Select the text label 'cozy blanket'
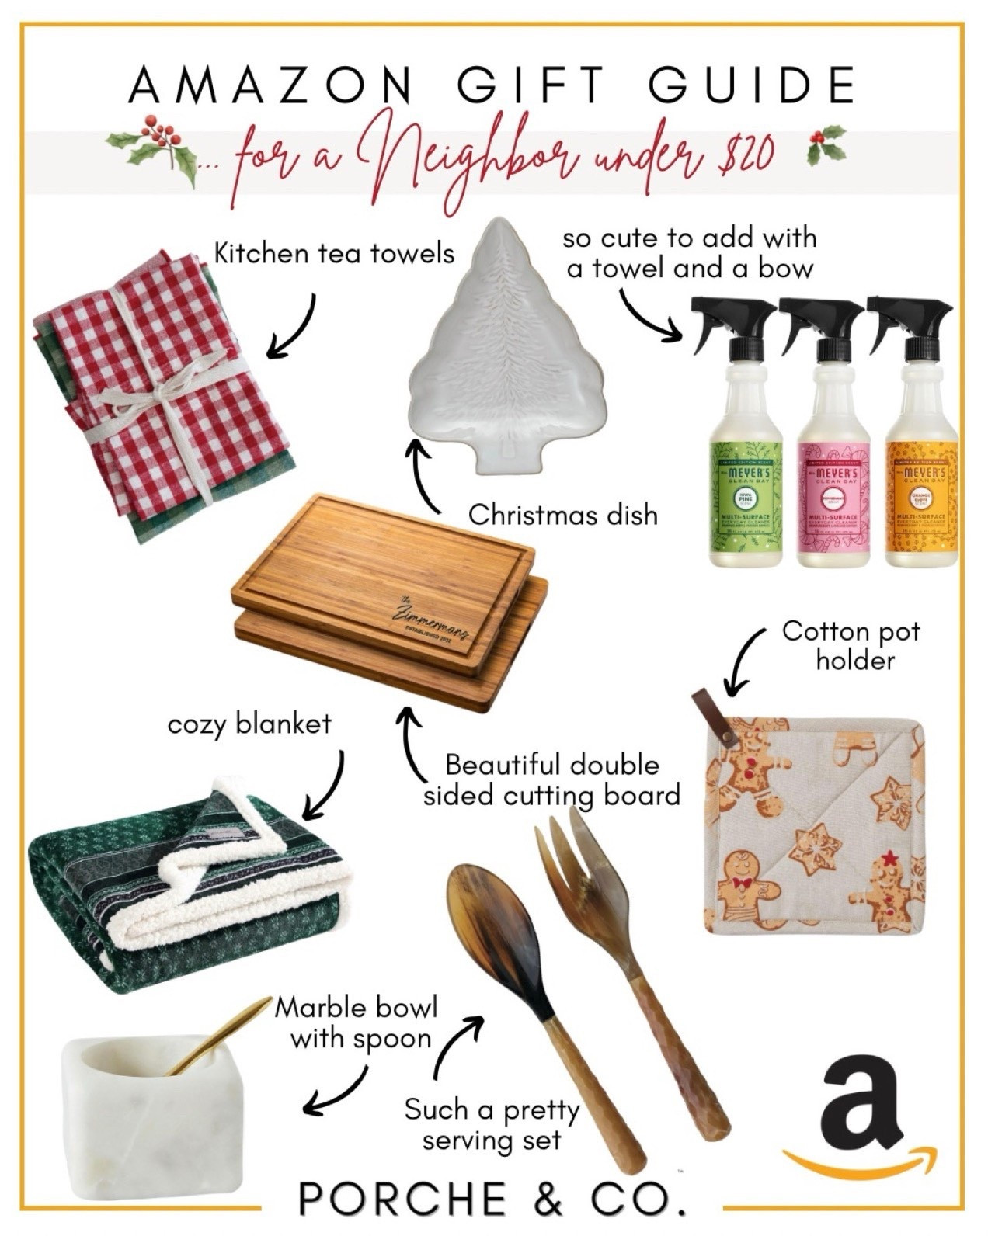249,724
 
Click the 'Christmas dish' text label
563,514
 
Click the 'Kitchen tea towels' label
334,253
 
